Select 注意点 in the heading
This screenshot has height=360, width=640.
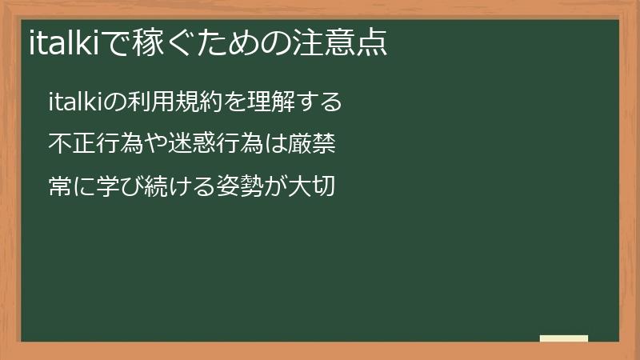[342, 42]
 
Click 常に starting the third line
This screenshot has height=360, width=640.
[70, 187]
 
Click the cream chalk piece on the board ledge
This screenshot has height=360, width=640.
[564, 338]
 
